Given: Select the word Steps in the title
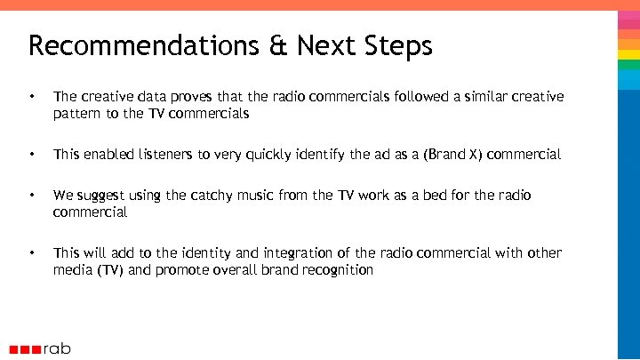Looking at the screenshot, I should (x=399, y=45).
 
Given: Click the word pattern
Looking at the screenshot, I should (x=79, y=114).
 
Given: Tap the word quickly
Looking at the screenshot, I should (x=264, y=155).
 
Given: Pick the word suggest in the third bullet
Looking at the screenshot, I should (x=100, y=195).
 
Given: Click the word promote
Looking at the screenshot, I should (x=186, y=270).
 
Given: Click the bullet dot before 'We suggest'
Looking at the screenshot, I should (x=32, y=195).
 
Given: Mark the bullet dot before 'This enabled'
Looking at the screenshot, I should (x=32, y=155).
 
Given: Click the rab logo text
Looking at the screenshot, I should (x=56, y=348).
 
